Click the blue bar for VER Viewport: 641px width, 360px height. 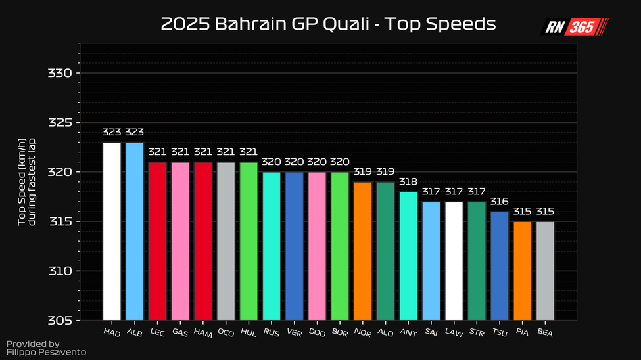(x=295, y=246)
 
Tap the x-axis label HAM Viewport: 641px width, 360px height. (x=202, y=333)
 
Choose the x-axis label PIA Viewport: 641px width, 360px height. (x=522, y=333)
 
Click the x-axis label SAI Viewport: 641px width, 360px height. (x=431, y=333)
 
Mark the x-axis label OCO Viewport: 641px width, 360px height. (x=226, y=333)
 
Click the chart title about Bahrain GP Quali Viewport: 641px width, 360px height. (x=327, y=25)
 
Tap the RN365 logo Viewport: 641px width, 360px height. (x=575, y=27)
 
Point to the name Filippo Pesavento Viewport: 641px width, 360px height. (x=46, y=353)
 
